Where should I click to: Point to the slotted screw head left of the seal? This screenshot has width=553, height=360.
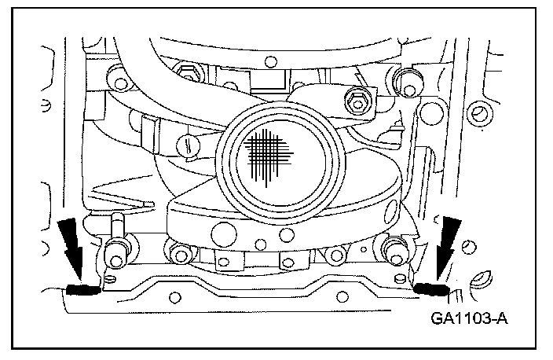pos(186,144)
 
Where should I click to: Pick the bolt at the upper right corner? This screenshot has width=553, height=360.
pos(405,77)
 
